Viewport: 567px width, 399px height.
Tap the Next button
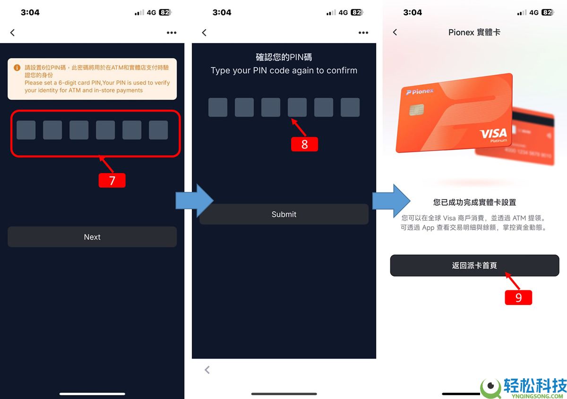[x=92, y=237]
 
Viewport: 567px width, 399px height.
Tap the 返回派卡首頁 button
[x=474, y=266]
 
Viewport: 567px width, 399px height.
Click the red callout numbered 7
[x=112, y=181]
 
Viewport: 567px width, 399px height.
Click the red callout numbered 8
[x=304, y=144]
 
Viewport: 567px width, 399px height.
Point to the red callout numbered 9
[x=518, y=297]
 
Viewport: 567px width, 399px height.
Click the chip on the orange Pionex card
[x=416, y=110]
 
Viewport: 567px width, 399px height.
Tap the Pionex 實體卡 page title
[x=474, y=32]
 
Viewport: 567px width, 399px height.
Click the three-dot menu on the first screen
[x=172, y=33]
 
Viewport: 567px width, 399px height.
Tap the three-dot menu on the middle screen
[x=363, y=33]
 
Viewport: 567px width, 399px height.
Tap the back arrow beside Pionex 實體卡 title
[x=395, y=32]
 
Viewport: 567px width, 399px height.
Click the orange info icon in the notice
[x=17, y=68]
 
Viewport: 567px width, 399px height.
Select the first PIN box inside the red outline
[x=26, y=130]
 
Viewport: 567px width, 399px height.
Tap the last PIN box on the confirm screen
[x=350, y=107]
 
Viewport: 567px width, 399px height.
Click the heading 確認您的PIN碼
[x=283, y=57]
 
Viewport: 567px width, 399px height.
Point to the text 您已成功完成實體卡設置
[x=474, y=202]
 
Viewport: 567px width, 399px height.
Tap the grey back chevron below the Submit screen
[x=207, y=370]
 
